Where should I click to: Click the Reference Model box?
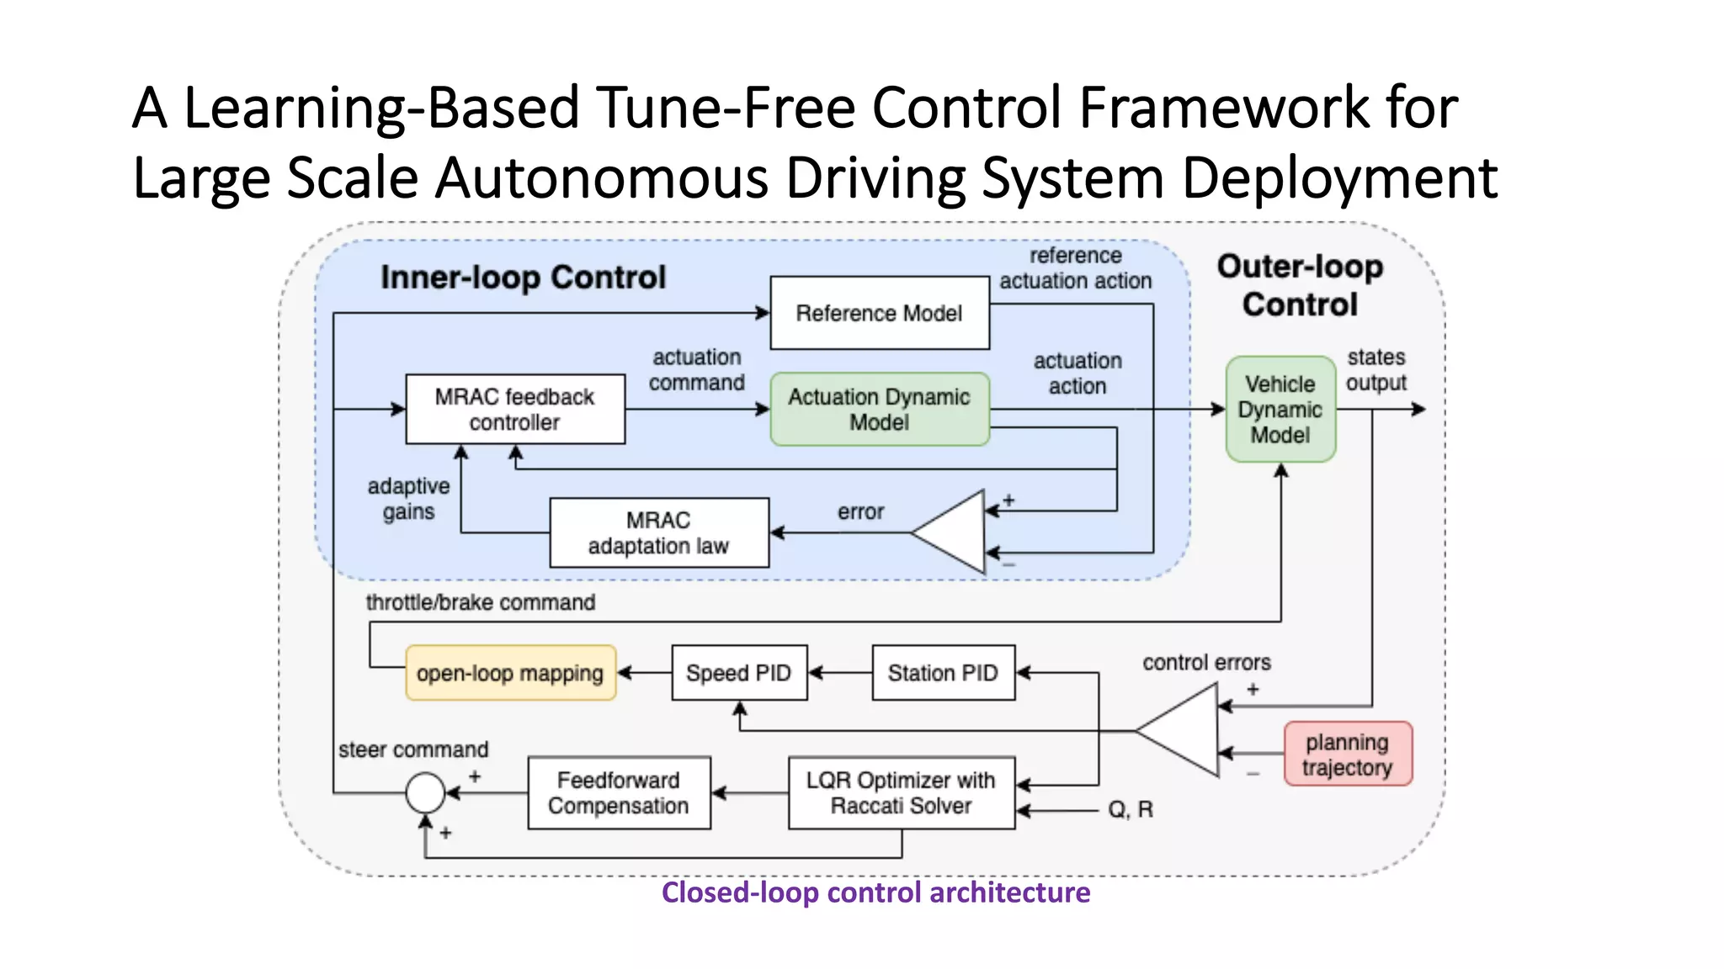click(x=880, y=313)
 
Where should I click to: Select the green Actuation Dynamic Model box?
click(x=880, y=410)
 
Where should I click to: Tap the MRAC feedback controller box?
click(x=515, y=410)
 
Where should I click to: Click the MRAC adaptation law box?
click(x=659, y=532)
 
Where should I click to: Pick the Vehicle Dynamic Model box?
click(x=1280, y=410)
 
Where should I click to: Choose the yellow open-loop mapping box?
click(x=511, y=673)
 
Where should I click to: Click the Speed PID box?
click(x=739, y=673)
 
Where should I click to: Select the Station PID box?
click(x=944, y=673)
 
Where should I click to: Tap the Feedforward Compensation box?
click(x=620, y=793)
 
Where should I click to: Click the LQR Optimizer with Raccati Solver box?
click(x=902, y=793)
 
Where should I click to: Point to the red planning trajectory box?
click(x=1348, y=755)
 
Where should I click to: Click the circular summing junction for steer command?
click(x=426, y=792)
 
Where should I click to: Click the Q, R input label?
click(x=1131, y=810)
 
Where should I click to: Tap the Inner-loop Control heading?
click(x=523, y=278)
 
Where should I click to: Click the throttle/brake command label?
click(x=481, y=602)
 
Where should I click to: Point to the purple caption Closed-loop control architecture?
click(x=875, y=892)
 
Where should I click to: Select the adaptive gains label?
click(x=409, y=499)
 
